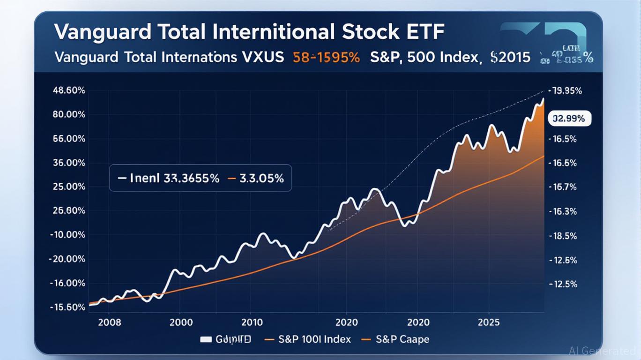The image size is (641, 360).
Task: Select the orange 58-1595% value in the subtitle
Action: [x=326, y=58]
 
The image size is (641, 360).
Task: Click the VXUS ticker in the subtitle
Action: [x=261, y=58]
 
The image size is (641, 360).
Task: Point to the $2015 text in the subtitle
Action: [x=510, y=58]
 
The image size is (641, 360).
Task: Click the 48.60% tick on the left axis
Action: [x=67, y=90]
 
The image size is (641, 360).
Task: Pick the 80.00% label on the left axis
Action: [x=67, y=114]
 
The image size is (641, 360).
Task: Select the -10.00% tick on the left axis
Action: [x=67, y=235]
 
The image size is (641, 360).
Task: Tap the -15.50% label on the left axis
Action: [x=67, y=307]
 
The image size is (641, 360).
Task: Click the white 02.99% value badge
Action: [x=569, y=119]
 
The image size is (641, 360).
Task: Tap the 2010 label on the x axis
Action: [x=253, y=322]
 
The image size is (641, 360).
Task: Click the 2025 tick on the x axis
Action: [x=489, y=322]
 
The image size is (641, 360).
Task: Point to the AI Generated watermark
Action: [x=602, y=351]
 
